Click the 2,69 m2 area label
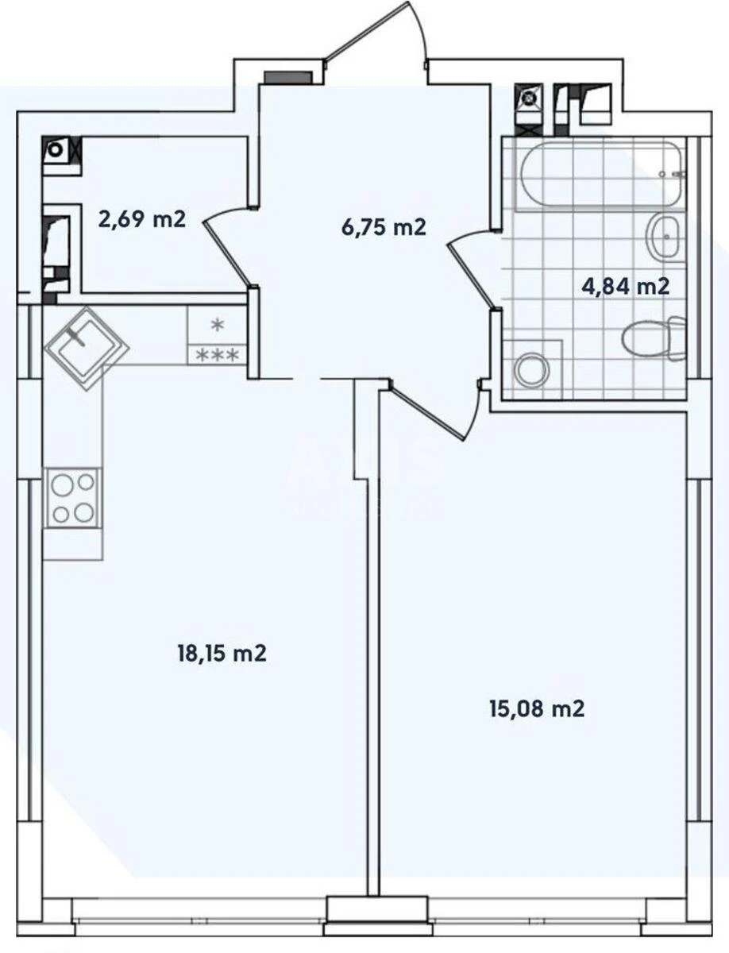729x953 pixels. pos(141,218)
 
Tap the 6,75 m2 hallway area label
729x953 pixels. pos(384,228)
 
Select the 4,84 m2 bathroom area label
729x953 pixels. pos(625,286)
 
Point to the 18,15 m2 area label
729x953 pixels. pos(221,654)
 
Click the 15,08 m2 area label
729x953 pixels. pos(537,708)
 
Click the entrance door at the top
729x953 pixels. pos(377,34)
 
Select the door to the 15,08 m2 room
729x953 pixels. pos(429,414)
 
